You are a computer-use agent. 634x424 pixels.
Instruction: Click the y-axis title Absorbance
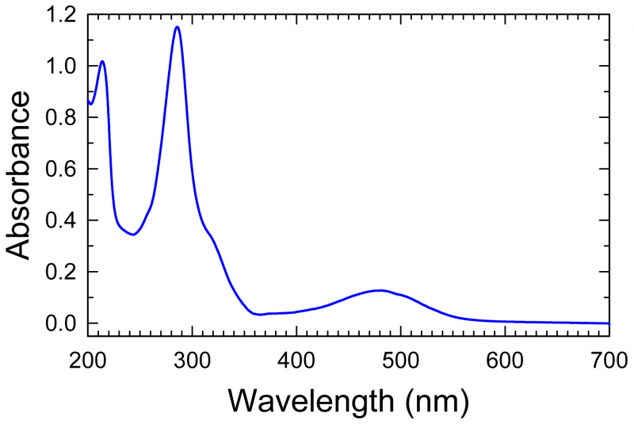[19, 174]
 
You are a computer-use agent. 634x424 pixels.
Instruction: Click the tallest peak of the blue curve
[177, 27]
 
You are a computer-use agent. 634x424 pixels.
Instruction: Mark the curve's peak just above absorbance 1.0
[102, 61]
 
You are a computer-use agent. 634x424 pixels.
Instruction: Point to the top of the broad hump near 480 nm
[380, 290]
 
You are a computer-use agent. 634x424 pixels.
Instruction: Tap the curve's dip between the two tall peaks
[133, 235]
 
